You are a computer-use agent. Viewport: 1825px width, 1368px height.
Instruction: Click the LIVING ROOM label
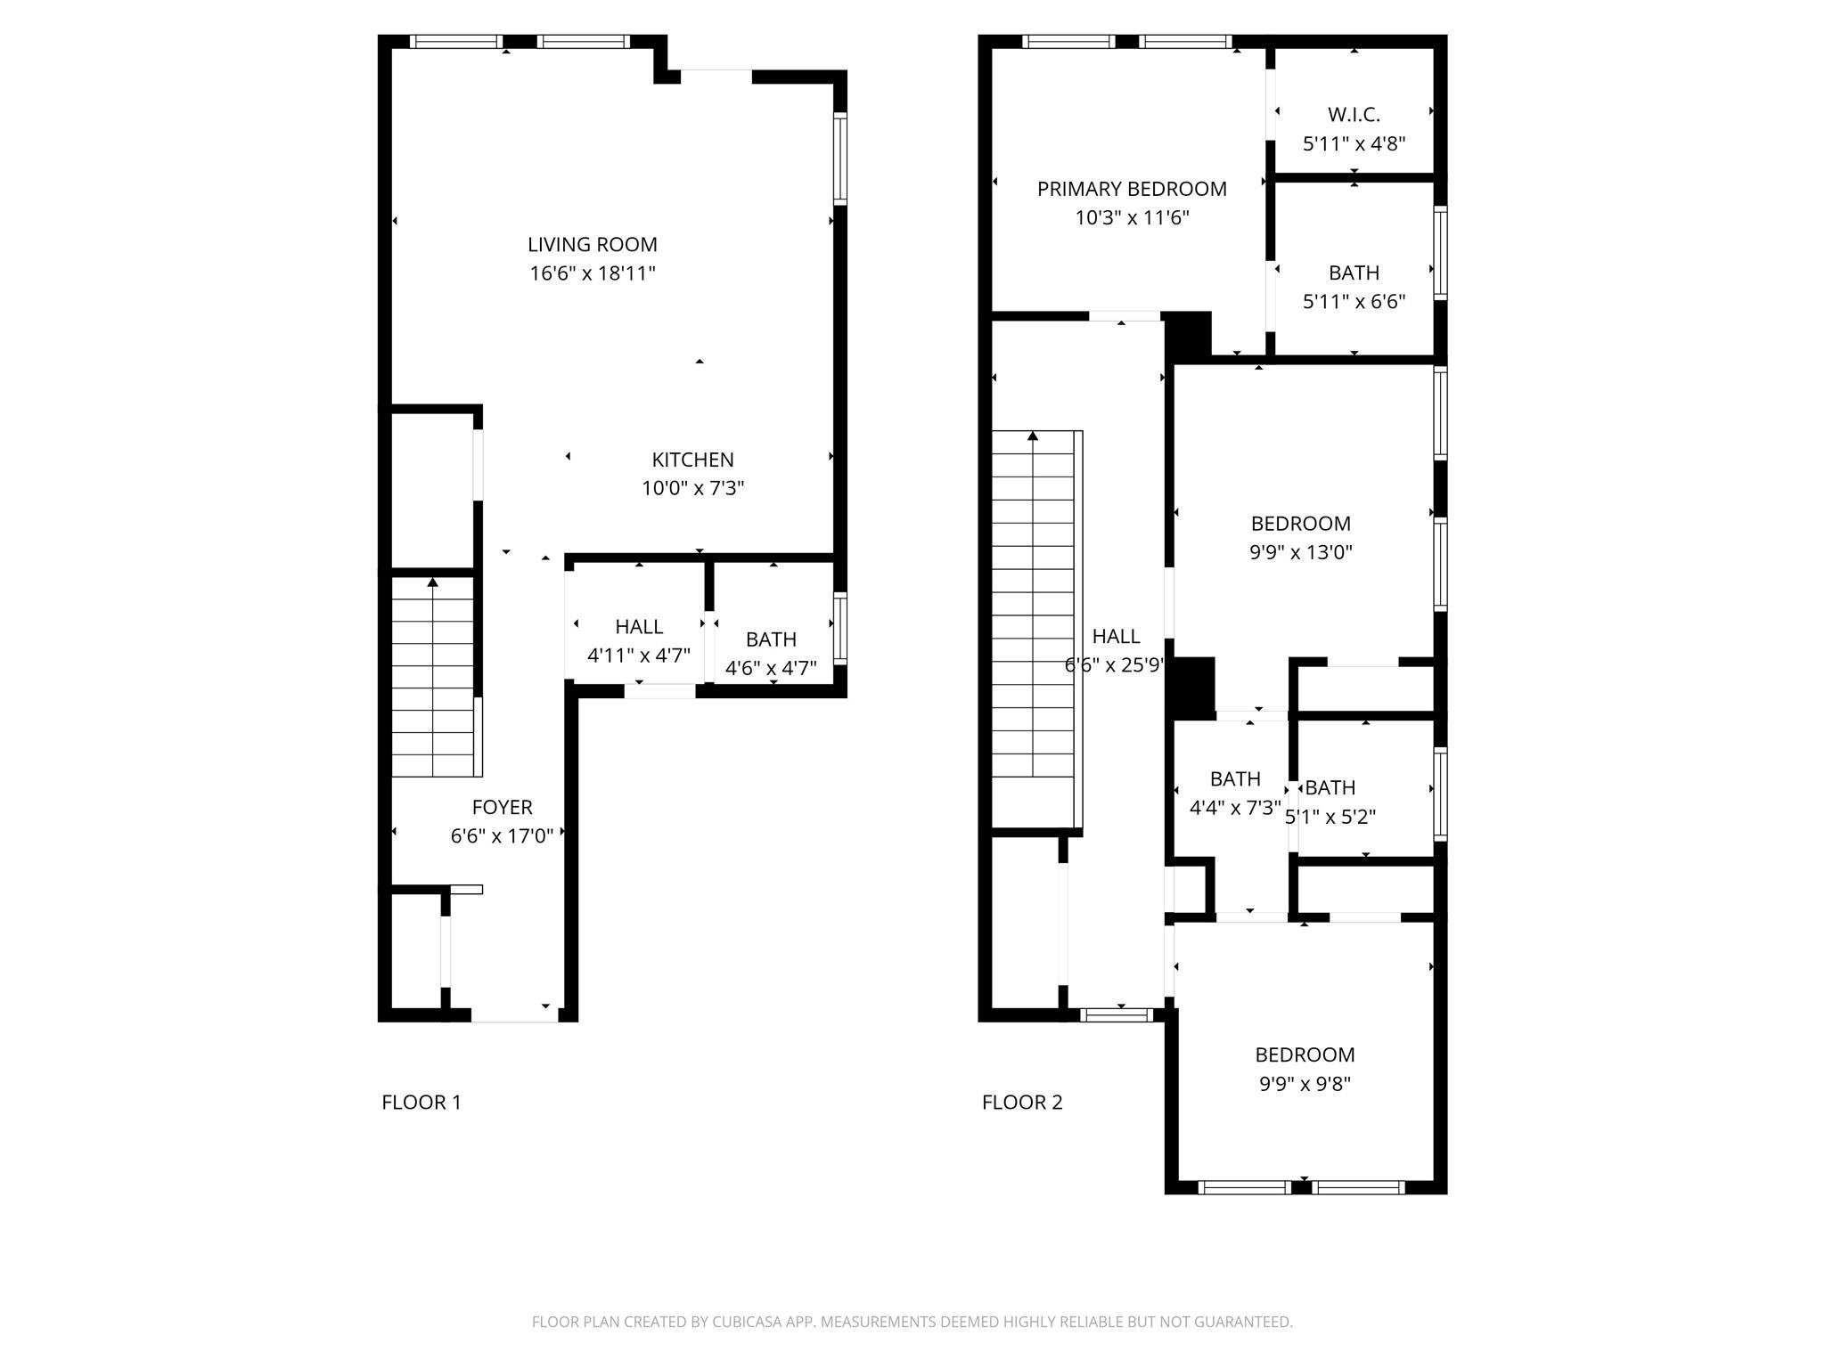(593, 244)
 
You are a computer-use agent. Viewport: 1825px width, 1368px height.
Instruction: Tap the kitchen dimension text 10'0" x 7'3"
(693, 488)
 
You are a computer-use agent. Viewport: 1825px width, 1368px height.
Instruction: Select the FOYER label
(503, 807)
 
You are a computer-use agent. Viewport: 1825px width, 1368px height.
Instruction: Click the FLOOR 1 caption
(421, 1103)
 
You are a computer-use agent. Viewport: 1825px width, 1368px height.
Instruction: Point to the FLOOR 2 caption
(1022, 1103)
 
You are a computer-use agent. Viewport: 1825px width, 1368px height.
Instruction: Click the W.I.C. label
(1354, 115)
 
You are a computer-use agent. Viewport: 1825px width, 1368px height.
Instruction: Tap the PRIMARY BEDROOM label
(1132, 189)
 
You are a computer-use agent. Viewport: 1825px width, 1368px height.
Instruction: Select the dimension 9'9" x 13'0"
(1301, 552)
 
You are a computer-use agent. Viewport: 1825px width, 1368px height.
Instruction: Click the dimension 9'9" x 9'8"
(1305, 1084)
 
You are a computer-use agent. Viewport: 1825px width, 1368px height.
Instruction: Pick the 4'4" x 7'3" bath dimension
(1235, 808)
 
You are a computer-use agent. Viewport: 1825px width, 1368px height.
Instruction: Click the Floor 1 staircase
(433, 677)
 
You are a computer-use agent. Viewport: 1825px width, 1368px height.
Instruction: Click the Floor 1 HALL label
(639, 627)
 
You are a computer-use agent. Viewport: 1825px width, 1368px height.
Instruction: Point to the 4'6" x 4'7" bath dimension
(771, 668)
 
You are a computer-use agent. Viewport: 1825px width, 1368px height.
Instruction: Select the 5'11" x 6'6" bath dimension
(1354, 302)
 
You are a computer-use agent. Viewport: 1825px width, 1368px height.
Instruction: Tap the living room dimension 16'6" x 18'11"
(593, 273)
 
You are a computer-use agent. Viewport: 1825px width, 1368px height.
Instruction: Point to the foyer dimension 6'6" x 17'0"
(503, 836)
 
